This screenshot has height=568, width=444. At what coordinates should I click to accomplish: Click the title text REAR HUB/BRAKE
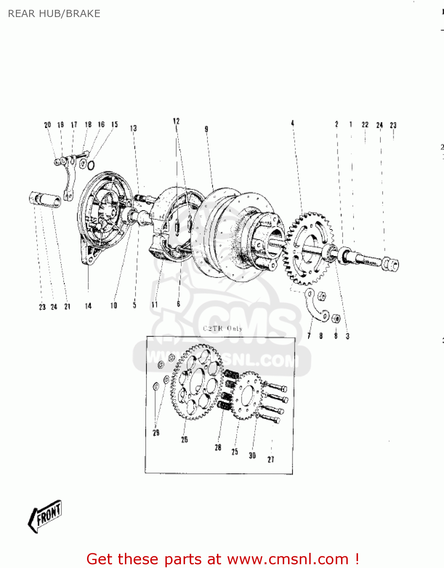[54, 14]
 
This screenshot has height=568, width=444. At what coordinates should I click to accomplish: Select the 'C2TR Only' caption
[223, 328]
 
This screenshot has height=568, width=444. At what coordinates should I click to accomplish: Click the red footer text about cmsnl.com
[223, 559]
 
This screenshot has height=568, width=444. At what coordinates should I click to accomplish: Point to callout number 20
[47, 125]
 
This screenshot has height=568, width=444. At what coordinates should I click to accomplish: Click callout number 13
[133, 128]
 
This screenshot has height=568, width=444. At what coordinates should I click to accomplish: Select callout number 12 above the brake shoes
[176, 121]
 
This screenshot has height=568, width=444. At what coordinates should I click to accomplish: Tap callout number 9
[206, 129]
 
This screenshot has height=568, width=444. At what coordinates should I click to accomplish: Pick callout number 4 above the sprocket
[293, 123]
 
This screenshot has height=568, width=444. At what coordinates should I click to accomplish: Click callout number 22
[365, 125]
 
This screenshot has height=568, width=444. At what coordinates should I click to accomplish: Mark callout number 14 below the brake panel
[88, 306]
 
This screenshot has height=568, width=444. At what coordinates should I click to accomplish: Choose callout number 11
[154, 305]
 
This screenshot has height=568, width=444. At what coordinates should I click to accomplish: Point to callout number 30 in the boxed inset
[252, 456]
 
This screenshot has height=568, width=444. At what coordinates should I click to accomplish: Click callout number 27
[271, 459]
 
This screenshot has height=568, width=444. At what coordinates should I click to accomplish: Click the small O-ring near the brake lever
[91, 165]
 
